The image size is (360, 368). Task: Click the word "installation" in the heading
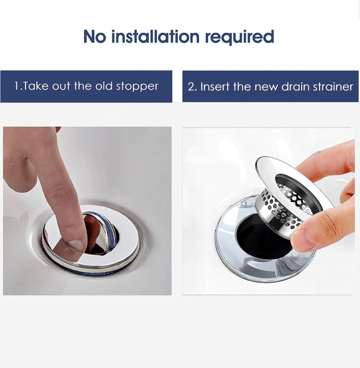pyautogui.click(x=155, y=37)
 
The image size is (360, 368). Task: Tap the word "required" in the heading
pyautogui.click(x=239, y=37)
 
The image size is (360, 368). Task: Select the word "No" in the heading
pyautogui.click(x=95, y=37)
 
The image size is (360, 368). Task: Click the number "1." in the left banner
pyautogui.click(x=18, y=86)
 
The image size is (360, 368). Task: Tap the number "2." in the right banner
pyautogui.click(x=192, y=87)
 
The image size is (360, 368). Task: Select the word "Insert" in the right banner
pyautogui.click(x=215, y=87)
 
